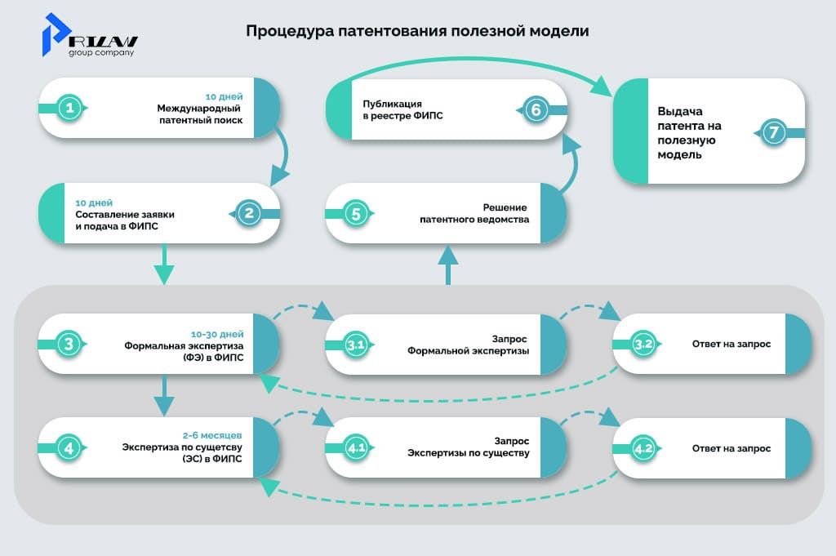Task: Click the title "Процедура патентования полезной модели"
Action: (417, 32)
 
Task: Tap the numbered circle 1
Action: (71, 109)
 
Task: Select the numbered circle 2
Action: (248, 213)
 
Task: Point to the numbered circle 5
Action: (355, 213)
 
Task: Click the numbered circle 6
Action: (535, 109)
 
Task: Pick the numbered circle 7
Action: (774, 131)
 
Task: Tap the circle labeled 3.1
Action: (355, 345)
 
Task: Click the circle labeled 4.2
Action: (643, 448)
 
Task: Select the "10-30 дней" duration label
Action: (217, 334)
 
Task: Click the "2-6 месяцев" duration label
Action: (214, 437)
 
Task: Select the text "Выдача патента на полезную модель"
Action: (690, 132)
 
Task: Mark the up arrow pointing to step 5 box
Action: (447, 266)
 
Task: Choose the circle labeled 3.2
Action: (643, 345)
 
